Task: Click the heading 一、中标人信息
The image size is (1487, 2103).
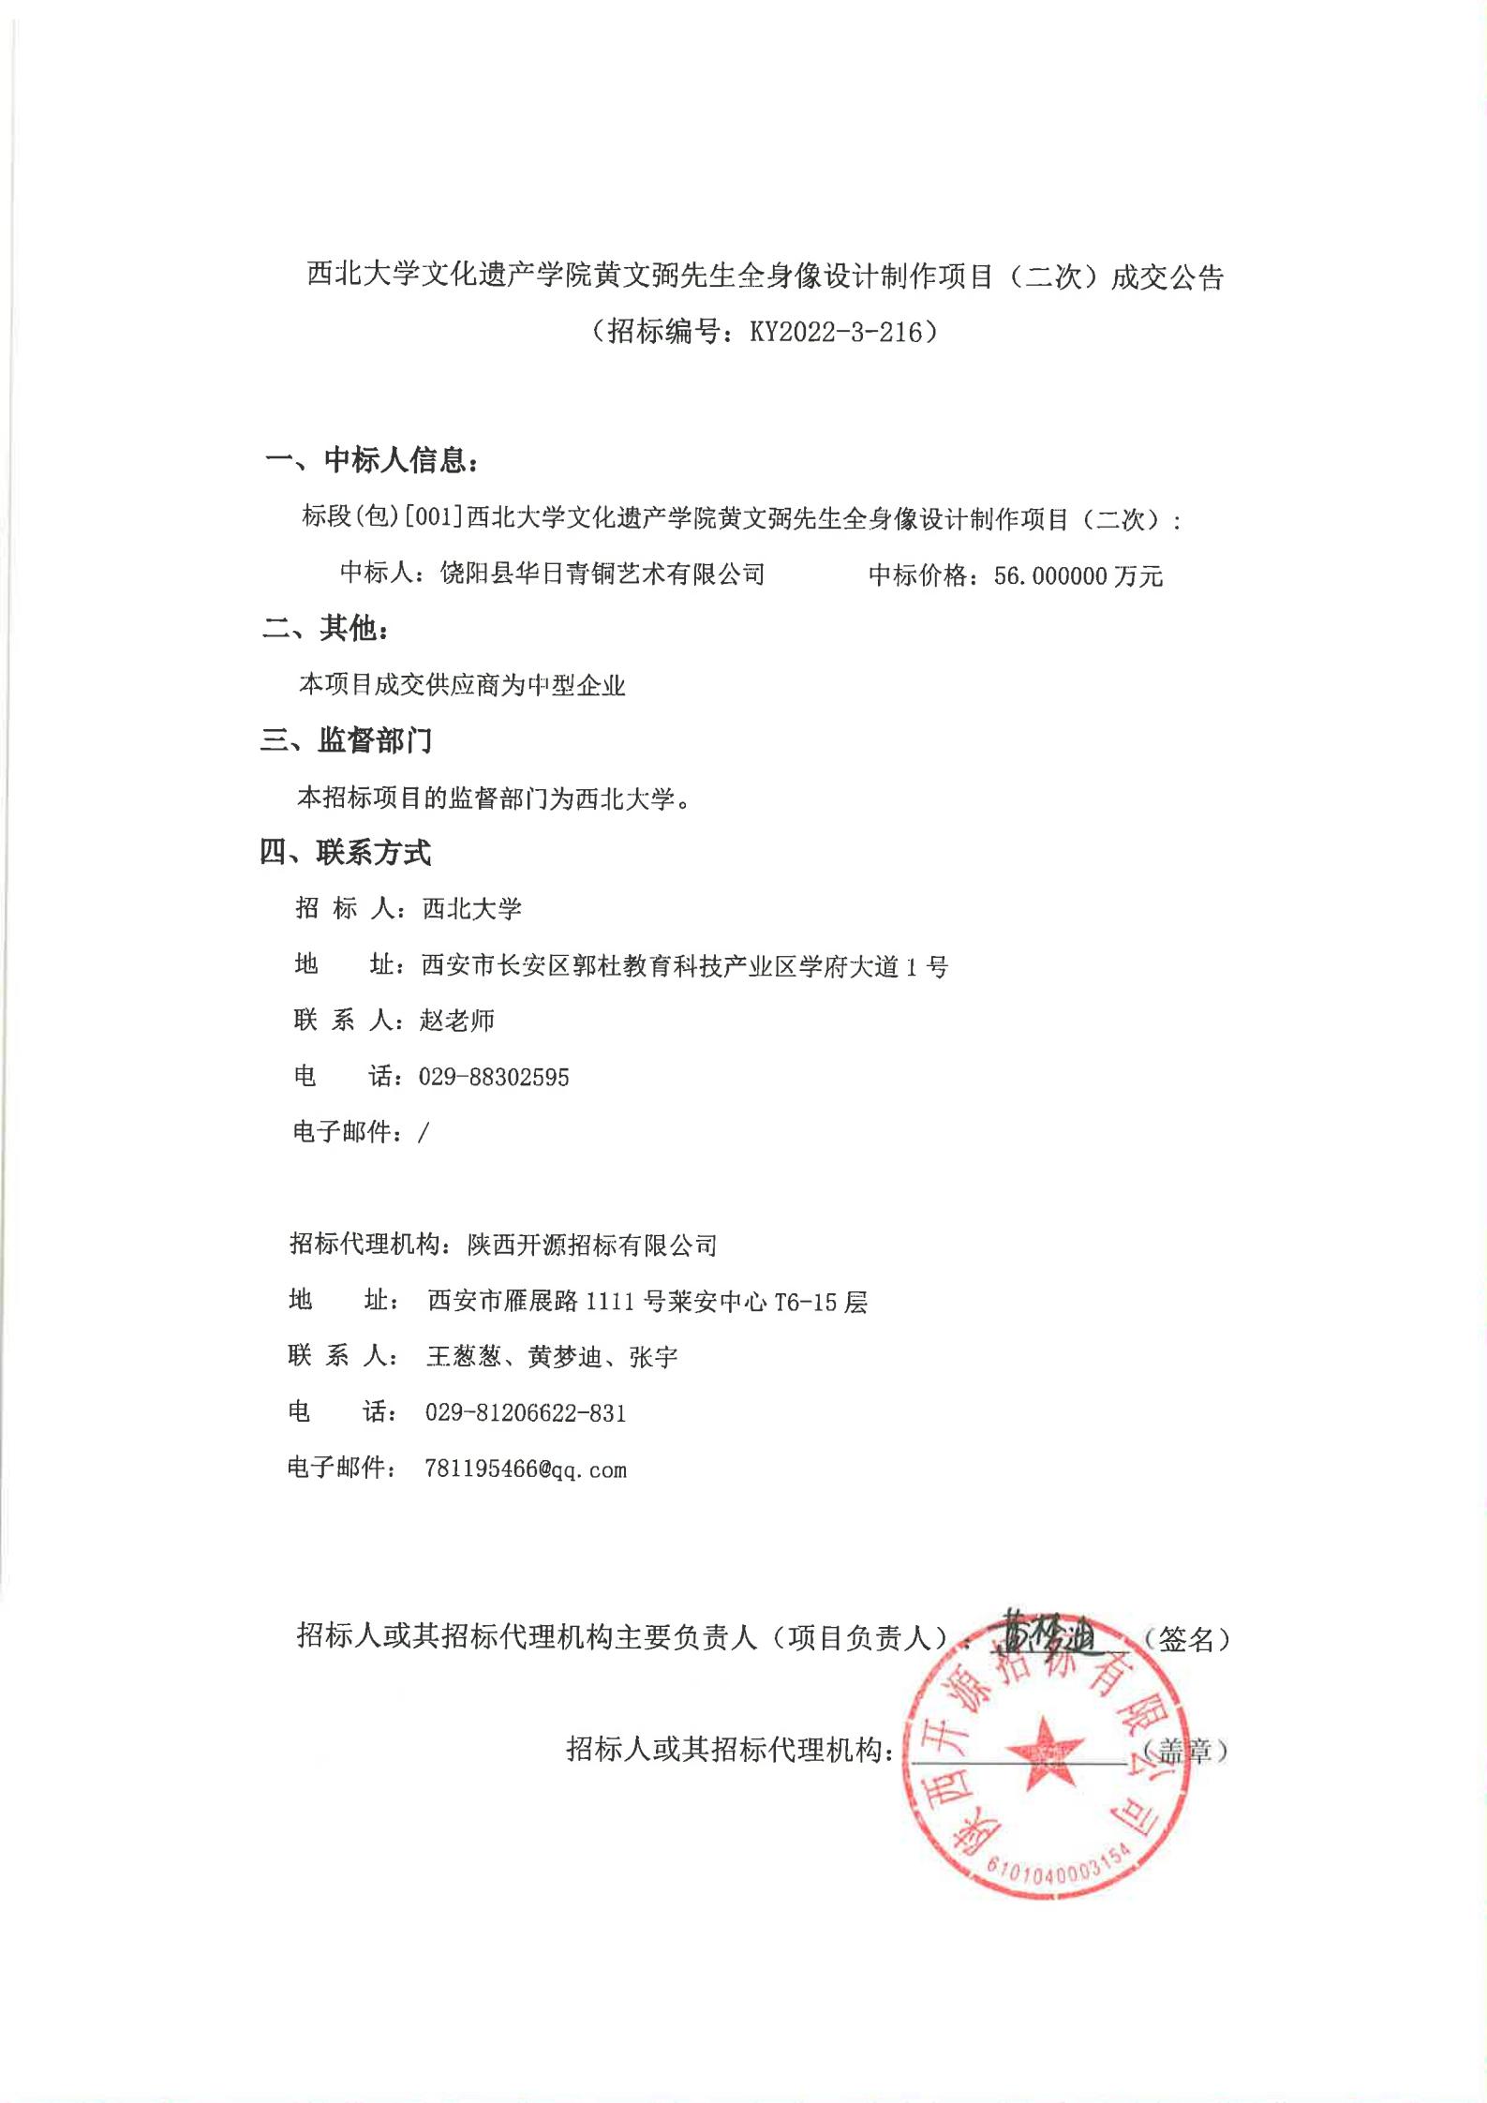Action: [375, 460]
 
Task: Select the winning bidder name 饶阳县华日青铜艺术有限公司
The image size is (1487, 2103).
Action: [602, 574]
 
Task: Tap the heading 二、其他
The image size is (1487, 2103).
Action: [325, 629]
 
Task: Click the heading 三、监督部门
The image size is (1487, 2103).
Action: [347, 741]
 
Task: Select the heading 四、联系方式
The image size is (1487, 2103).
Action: [346, 853]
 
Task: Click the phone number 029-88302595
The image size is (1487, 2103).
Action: [494, 1077]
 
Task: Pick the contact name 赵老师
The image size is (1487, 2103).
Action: [457, 1021]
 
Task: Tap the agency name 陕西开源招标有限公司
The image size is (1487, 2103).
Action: [592, 1245]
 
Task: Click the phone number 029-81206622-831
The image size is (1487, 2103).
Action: [526, 1412]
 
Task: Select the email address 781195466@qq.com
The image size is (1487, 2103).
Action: [526, 1469]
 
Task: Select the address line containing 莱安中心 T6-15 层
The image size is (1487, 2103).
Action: [647, 1301]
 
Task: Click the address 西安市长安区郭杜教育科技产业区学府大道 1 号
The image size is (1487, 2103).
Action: [685, 965]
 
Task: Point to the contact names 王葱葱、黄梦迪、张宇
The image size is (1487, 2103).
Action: [552, 1357]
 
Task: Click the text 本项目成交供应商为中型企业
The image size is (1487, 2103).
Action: [462, 685]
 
